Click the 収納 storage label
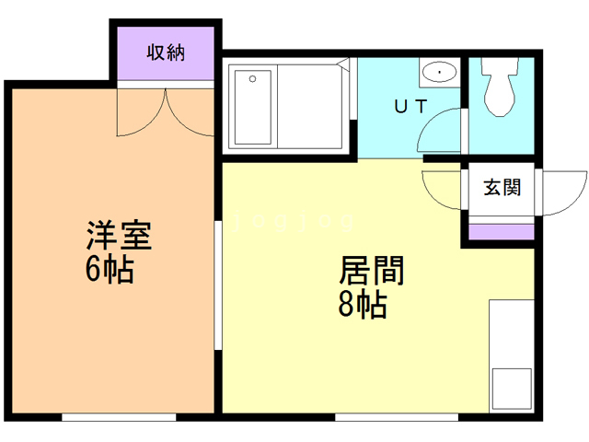click(166, 52)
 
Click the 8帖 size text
click(363, 305)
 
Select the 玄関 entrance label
click(502, 188)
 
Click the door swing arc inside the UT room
click(438, 134)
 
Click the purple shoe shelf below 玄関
click(502, 230)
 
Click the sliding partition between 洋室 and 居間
click(218, 285)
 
